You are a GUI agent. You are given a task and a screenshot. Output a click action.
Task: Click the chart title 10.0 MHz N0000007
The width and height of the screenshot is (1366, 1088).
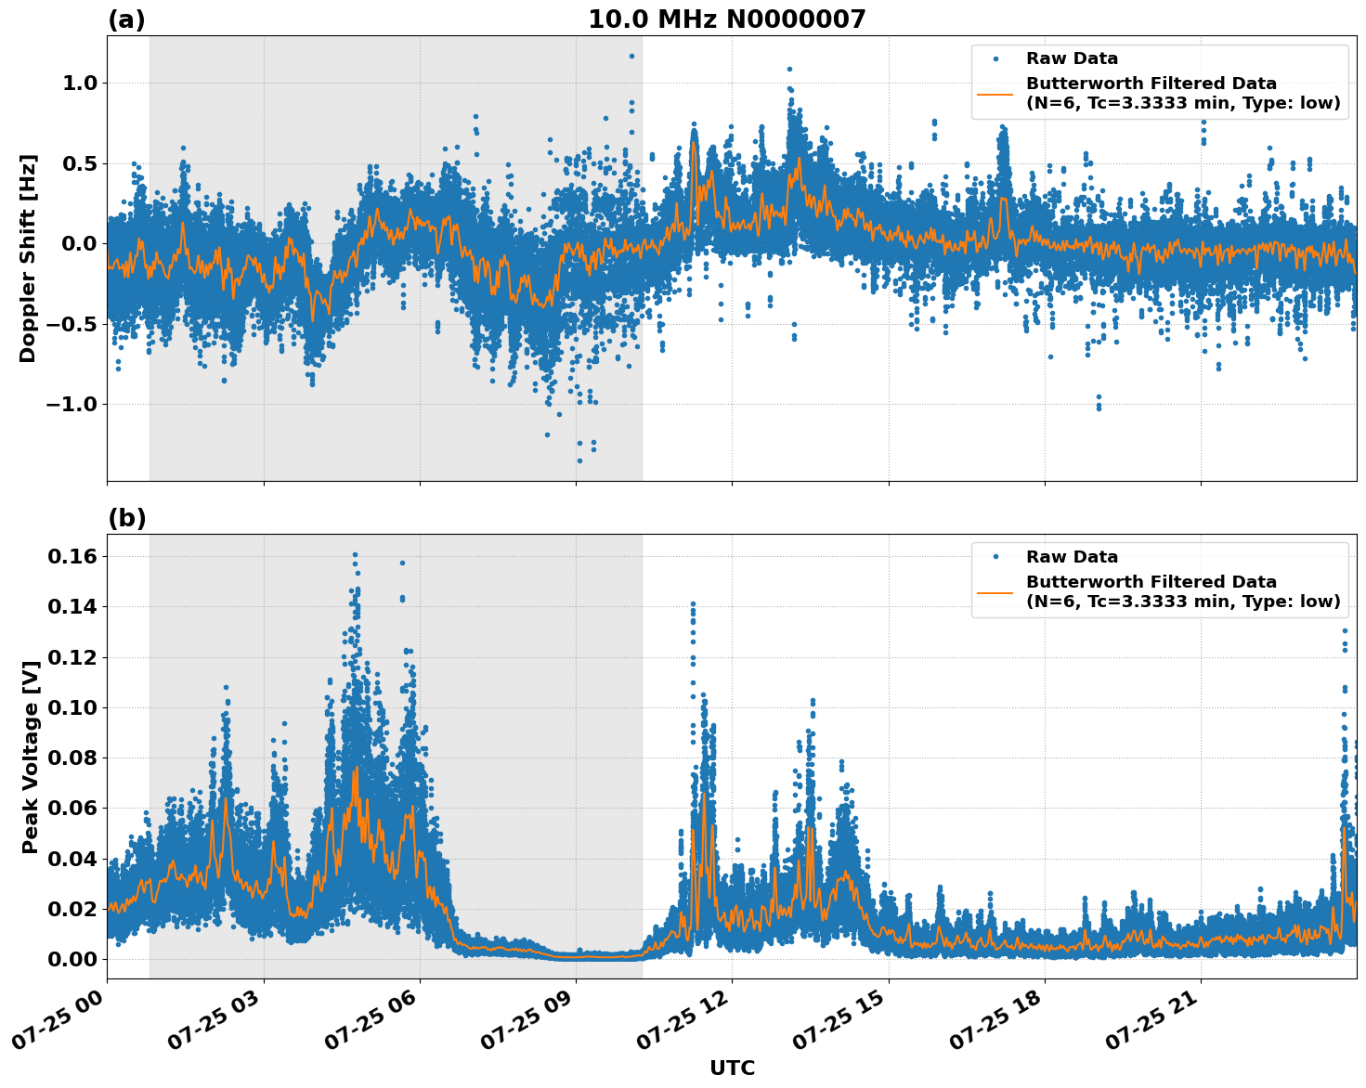pos(726,19)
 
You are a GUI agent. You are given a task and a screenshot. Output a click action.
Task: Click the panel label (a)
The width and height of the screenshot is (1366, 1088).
pos(126,19)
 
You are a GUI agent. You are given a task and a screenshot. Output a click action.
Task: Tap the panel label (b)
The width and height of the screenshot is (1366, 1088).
pos(126,518)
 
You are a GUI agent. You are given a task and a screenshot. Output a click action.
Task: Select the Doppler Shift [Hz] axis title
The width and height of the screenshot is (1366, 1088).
pos(28,258)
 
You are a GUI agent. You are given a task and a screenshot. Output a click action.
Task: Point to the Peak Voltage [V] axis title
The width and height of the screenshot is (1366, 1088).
pos(31,757)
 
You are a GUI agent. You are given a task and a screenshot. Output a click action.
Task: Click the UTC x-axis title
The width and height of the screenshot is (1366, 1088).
pos(732,1068)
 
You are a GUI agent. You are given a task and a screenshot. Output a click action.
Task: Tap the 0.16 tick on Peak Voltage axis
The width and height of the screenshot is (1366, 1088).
pos(72,556)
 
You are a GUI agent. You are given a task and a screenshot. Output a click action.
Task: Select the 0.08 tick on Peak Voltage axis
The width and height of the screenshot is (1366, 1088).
pos(72,758)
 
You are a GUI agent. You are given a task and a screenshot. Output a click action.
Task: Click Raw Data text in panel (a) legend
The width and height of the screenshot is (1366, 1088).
pos(1072,58)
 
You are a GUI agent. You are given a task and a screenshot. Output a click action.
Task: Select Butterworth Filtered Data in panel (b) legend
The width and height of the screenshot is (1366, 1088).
pos(1151,582)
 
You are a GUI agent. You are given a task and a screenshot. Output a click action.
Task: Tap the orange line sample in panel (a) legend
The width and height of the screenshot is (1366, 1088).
pos(995,93)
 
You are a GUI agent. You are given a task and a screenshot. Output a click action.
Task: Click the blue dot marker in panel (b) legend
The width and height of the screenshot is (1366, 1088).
pos(995,557)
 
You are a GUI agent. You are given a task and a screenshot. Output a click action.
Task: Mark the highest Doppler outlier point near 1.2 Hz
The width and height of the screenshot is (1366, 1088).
pos(631,56)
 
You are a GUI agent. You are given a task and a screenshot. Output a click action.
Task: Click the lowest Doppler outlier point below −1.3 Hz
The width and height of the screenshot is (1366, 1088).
pos(579,460)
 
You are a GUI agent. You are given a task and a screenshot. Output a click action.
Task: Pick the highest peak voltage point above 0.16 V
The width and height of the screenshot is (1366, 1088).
pos(355,555)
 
